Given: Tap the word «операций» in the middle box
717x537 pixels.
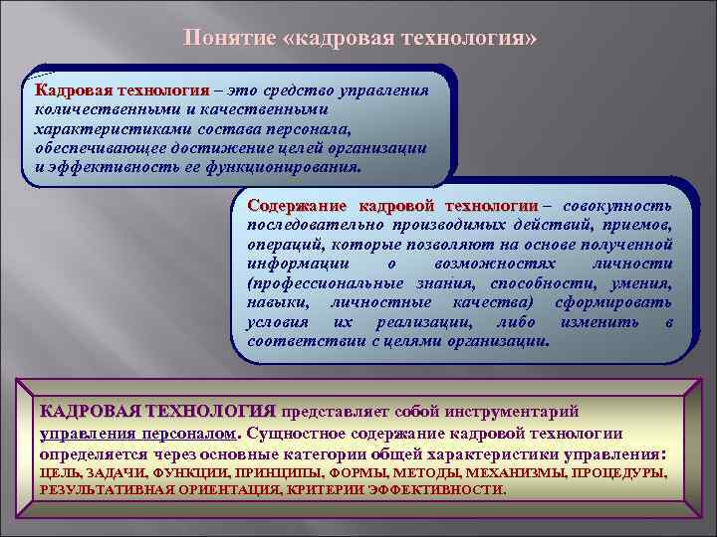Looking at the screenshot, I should (x=281, y=245).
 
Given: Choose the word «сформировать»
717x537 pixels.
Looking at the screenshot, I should (x=622, y=302).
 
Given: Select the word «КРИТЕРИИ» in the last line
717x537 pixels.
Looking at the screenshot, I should (x=319, y=490).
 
